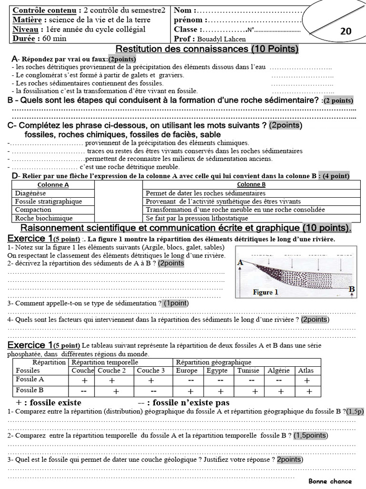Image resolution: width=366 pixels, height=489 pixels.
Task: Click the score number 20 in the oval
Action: pyautogui.click(x=346, y=31)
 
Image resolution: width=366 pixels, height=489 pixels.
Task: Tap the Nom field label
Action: pyautogui.click(x=184, y=11)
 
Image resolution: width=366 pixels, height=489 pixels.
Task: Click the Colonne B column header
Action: pyautogui.click(x=251, y=184)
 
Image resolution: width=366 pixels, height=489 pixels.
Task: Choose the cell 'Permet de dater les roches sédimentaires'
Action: pyautogui.click(x=205, y=193)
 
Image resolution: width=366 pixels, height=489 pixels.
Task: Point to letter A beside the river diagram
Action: pyautogui.click(x=240, y=262)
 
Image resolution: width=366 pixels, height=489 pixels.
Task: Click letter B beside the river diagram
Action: pyautogui.click(x=352, y=289)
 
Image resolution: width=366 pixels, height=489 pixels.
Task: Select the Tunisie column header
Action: pyautogui.click(x=248, y=370)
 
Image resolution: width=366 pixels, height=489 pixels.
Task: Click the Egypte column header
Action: pyautogui.click(x=218, y=370)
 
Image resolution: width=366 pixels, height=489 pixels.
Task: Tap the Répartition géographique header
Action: pyautogui.click(x=213, y=362)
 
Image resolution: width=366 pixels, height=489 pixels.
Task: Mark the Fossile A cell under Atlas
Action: pyautogui.click(x=306, y=380)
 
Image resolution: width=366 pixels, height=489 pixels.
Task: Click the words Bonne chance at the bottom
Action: pyautogui.click(x=330, y=481)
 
